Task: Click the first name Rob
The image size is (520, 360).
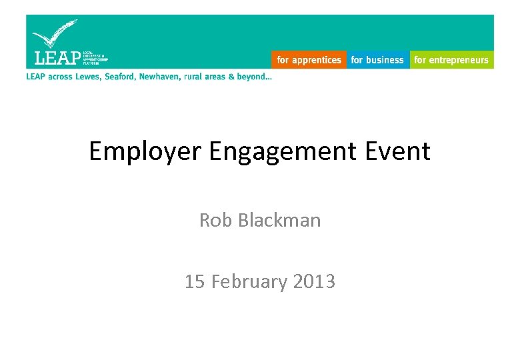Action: point(214,220)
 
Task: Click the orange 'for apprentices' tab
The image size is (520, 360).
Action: point(309,60)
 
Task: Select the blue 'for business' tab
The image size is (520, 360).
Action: point(377,60)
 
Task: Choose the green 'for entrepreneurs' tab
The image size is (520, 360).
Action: point(451,60)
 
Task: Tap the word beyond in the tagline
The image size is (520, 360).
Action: point(254,77)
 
